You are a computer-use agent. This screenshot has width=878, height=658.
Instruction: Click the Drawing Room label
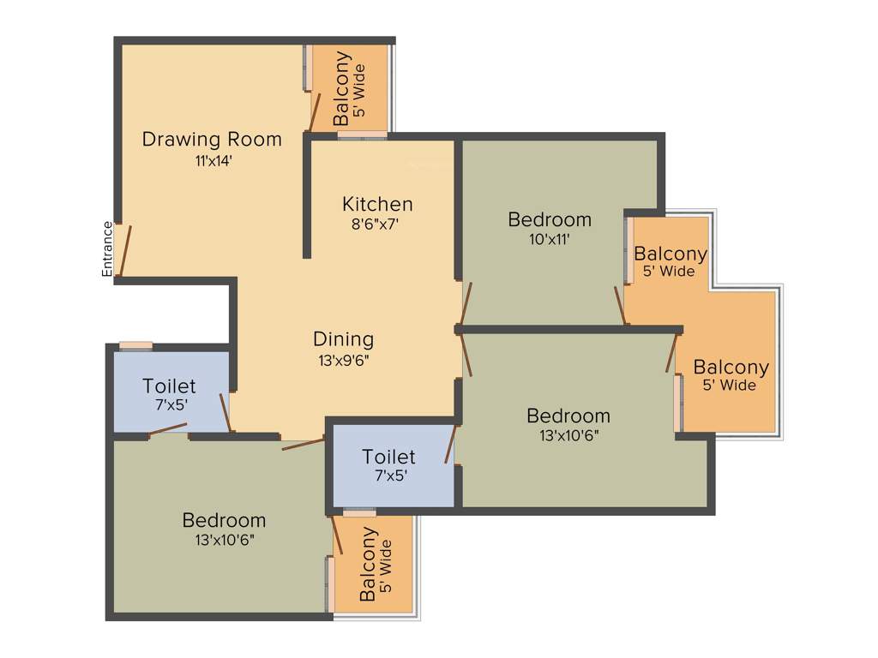(212, 139)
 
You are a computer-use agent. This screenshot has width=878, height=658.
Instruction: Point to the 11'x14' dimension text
(213, 160)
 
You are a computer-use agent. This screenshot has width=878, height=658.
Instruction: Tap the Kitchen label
(377, 204)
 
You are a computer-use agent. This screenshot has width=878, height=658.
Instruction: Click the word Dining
(343, 338)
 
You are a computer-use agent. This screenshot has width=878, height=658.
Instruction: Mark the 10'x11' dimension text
(550, 240)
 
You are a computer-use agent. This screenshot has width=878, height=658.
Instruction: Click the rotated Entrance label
(107, 248)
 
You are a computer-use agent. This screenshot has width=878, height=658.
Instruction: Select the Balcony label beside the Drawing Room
(341, 89)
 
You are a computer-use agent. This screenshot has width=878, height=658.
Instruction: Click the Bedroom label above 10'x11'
(550, 219)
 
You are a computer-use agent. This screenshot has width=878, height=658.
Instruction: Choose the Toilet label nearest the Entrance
(169, 386)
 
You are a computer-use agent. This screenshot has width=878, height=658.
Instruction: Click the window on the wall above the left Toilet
(135, 346)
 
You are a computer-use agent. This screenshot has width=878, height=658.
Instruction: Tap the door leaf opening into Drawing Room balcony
(315, 112)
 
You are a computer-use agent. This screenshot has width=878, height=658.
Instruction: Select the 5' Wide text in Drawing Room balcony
(360, 90)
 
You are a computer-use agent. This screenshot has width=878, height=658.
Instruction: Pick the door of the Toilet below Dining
(449, 445)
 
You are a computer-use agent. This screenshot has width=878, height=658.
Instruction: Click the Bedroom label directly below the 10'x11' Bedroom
(568, 416)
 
